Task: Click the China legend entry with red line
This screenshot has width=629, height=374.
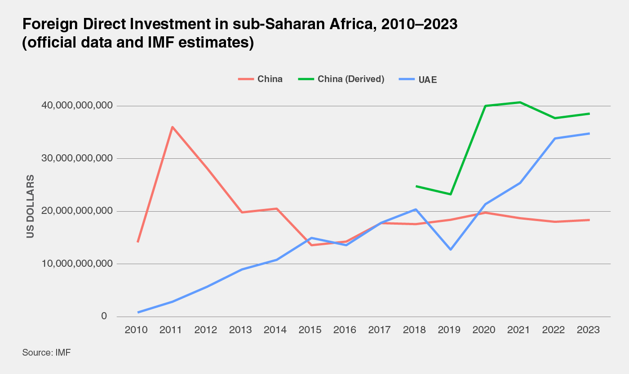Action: (x=260, y=79)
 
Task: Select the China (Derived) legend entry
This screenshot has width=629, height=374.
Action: (x=341, y=79)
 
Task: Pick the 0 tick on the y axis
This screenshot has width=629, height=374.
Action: (x=104, y=317)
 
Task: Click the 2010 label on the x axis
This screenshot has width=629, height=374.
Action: (x=136, y=330)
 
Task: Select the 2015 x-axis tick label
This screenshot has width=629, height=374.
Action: (x=310, y=330)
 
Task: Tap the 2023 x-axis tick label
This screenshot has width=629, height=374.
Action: (x=588, y=330)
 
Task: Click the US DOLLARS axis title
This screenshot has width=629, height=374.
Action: (x=30, y=207)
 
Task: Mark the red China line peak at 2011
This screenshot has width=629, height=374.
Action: (x=172, y=127)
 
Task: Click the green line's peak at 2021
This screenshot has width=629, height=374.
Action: (x=520, y=102)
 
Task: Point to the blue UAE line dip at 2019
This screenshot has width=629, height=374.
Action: (x=450, y=249)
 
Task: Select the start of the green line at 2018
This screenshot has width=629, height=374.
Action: (x=416, y=186)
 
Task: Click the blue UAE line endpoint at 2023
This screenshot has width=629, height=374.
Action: (x=589, y=133)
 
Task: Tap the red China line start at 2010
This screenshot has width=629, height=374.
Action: (x=137, y=242)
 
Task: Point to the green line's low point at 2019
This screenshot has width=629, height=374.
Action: (x=451, y=194)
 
